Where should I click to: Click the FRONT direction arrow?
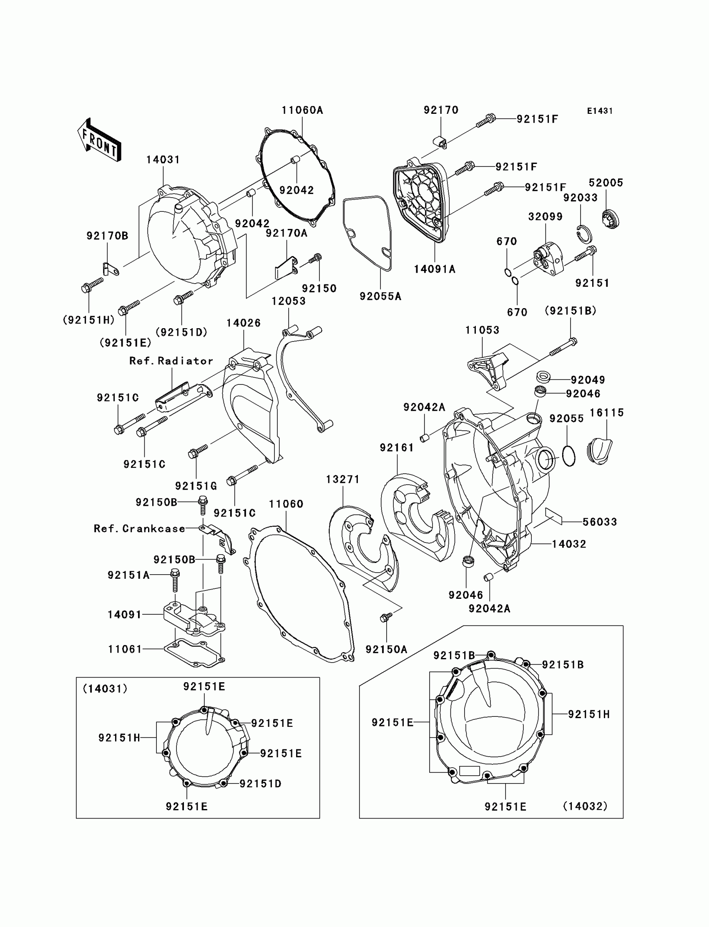point(99,140)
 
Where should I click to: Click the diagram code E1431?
point(599,111)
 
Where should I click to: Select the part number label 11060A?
point(302,110)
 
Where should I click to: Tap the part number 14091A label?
point(434,269)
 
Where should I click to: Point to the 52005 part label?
point(606,183)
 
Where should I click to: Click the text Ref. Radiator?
point(171,361)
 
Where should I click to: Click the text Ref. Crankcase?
point(139,529)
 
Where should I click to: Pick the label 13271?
point(342,479)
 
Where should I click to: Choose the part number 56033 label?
point(599,522)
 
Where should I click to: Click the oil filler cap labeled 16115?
point(599,451)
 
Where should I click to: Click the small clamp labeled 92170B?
point(111,269)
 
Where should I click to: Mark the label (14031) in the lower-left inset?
point(105,688)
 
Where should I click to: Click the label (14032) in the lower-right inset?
point(585,806)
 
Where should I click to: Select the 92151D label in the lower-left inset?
point(260,784)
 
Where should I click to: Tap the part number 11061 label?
point(125,649)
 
